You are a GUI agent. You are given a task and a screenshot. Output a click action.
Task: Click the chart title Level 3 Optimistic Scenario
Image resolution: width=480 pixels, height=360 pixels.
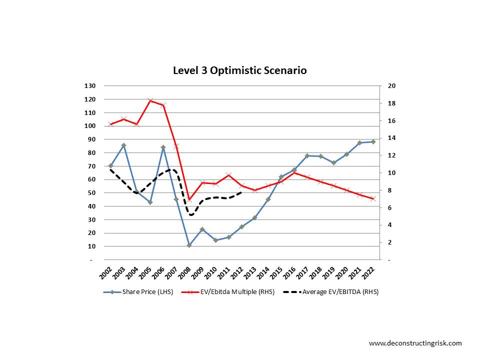(239, 70)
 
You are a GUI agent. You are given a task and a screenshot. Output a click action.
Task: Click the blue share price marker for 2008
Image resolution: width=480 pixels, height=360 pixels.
(189, 245)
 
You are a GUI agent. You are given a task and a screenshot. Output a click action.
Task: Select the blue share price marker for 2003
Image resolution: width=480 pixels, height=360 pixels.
(123, 145)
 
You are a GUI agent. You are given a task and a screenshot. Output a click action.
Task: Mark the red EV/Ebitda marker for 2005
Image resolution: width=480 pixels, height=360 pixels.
(150, 101)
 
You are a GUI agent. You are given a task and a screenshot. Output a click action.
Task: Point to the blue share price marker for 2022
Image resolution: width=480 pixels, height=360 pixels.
(372, 141)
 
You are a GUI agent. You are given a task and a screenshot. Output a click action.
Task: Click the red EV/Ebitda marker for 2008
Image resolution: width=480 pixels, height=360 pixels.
(189, 199)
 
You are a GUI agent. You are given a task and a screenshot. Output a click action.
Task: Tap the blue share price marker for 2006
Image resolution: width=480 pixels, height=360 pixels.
(163, 147)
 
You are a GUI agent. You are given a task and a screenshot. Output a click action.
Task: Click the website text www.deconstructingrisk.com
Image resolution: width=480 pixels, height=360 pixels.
(415, 343)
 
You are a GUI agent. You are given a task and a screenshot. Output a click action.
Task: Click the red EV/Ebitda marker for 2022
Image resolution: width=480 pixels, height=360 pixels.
(372, 199)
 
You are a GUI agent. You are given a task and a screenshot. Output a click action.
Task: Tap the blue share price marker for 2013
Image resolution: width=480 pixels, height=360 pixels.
(254, 218)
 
